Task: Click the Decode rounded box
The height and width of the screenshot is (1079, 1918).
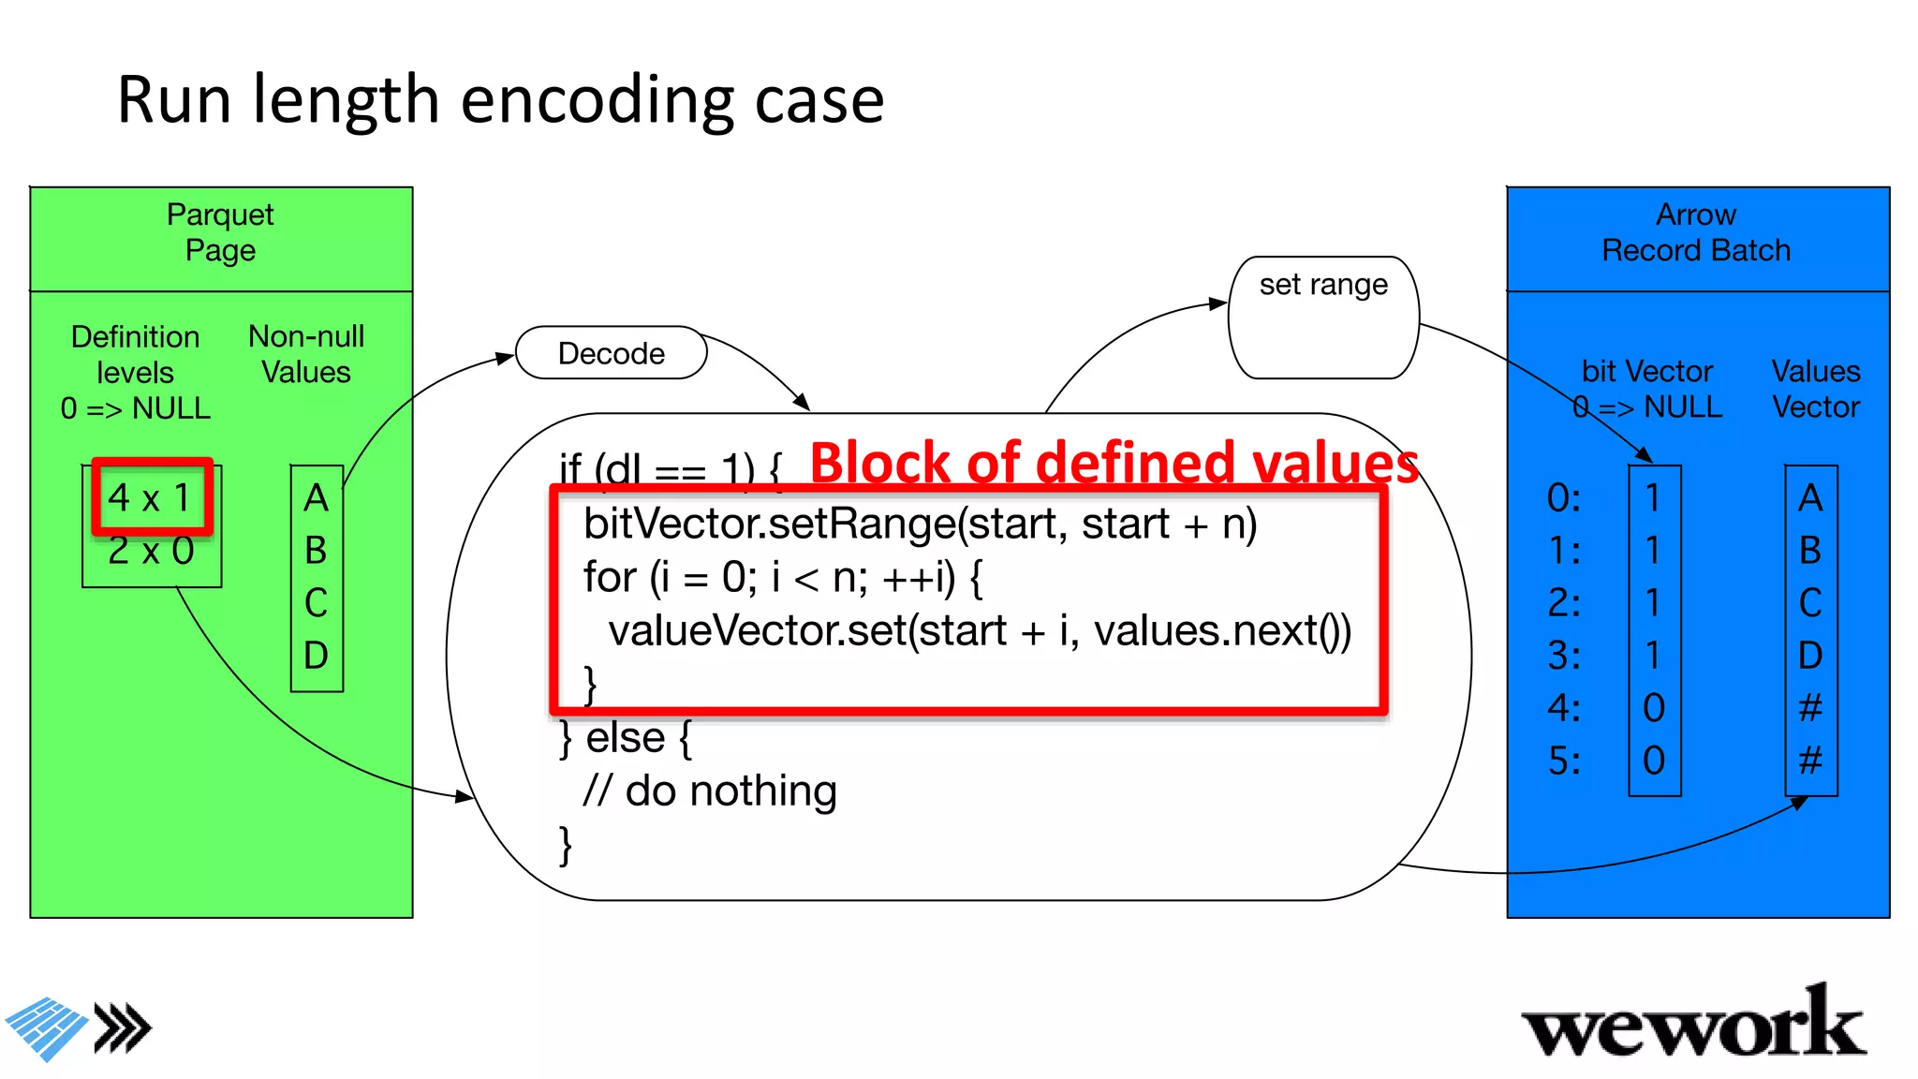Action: (x=611, y=353)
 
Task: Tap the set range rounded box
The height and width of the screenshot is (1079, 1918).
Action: (x=1322, y=317)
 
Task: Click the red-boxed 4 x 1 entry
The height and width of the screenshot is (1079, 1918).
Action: (x=152, y=497)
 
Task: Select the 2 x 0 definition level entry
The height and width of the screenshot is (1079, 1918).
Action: (x=151, y=551)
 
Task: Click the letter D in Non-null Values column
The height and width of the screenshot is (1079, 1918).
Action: (x=317, y=655)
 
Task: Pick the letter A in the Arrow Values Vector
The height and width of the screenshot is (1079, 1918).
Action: (x=1810, y=497)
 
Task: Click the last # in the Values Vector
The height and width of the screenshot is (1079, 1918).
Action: (x=1810, y=760)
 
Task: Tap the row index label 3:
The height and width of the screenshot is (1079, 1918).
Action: (x=1564, y=655)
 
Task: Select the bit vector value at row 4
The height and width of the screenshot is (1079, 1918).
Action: (x=1654, y=707)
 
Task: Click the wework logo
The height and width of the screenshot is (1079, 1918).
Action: (x=1693, y=1024)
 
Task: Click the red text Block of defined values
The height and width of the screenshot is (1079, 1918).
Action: (x=1114, y=463)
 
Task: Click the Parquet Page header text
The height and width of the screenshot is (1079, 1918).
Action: (x=220, y=232)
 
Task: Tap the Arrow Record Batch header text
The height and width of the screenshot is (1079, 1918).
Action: (x=1696, y=232)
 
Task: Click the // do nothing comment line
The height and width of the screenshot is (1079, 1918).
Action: (x=709, y=791)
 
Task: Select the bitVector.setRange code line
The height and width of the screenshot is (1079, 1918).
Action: (x=920, y=524)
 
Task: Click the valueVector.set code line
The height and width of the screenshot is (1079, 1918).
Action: (x=979, y=630)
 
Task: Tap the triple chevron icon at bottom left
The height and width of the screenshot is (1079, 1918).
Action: (x=124, y=1029)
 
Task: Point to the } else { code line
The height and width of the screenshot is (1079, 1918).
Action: (x=626, y=738)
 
